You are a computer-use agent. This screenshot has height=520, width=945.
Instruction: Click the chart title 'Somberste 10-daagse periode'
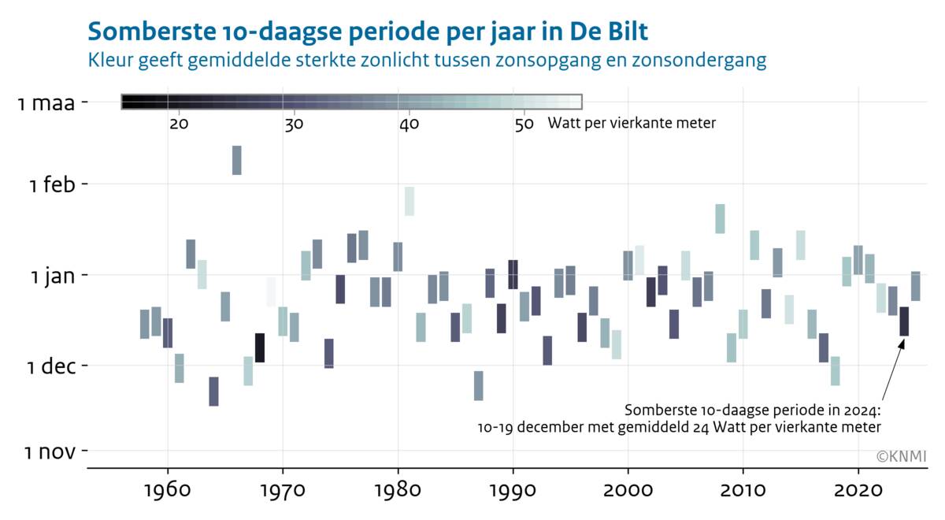click(x=369, y=32)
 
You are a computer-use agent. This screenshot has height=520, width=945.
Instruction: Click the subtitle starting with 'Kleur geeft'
click(x=427, y=60)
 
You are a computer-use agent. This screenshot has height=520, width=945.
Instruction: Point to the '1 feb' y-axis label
click(x=53, y=185)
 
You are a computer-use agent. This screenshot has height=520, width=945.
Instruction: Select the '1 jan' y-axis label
click(x=54, y=276)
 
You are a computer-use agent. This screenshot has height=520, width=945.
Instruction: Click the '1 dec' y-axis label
click(x=52, y=366)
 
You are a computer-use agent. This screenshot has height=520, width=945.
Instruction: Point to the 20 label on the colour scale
click(x=179, y=124)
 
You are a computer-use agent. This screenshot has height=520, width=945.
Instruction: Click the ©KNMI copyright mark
click(x=901, y=456)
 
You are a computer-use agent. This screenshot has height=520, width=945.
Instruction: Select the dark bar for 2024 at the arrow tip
click(x=904, y=321)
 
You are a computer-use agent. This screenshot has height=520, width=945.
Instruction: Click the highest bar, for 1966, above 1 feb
click(x=236, y=160)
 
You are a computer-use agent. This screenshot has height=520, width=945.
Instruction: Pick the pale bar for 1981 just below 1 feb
click(x=409, y=201)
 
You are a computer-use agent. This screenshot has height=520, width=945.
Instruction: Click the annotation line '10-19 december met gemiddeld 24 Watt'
click(x=679, y=427)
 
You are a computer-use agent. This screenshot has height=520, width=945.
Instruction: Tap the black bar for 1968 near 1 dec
click(x=260, y=347)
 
